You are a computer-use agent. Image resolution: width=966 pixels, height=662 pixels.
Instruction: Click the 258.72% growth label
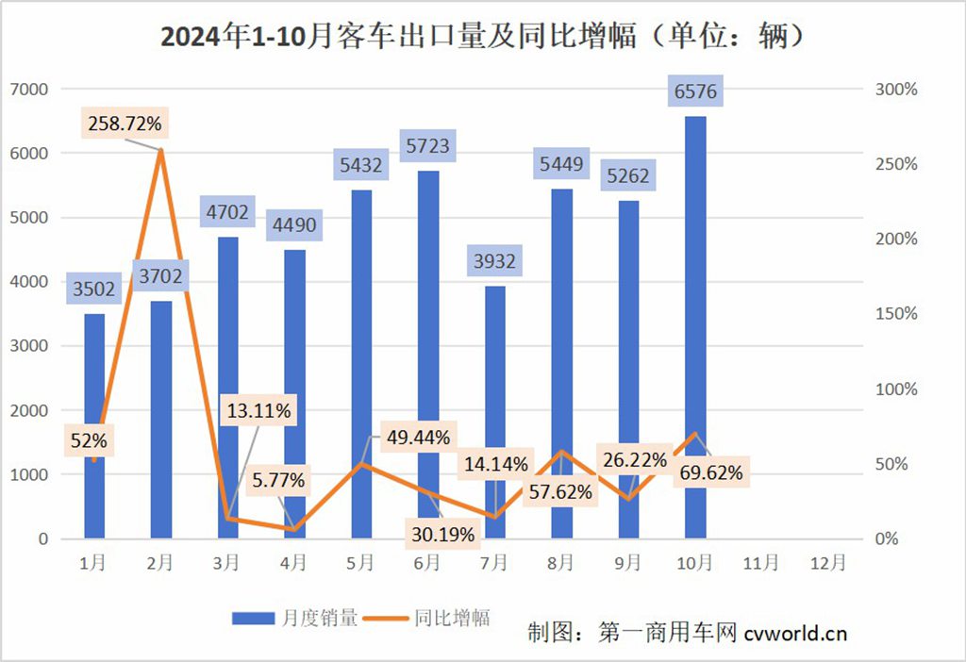pos(125,123)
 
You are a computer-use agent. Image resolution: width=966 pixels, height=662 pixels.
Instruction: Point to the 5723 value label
pos(427,146)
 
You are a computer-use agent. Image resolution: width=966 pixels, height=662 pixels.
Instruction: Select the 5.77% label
pos(278,480)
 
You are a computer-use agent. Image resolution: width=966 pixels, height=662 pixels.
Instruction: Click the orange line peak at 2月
pos(161,150)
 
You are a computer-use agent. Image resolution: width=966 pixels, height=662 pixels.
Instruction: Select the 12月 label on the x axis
pos(827,563)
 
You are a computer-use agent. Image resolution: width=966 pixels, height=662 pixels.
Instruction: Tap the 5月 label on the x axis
pos(361,563)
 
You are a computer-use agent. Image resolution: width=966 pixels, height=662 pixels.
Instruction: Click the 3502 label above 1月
pos(93,289)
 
